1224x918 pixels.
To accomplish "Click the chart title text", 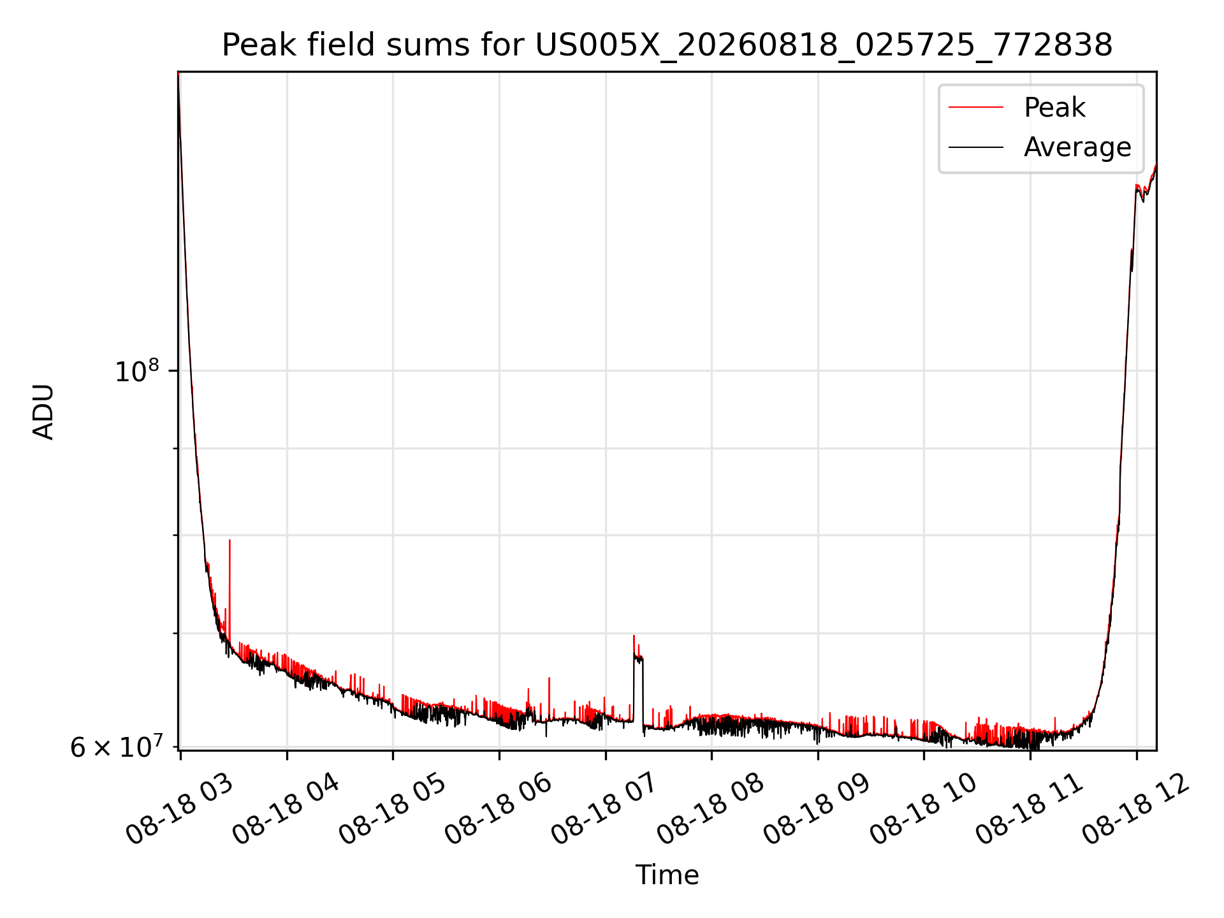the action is click(x=667, y=46).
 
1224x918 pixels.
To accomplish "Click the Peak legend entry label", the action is click(x=1054, y=108).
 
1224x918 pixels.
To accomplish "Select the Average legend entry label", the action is click(x=1077, y=147).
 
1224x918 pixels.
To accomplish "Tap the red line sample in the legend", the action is click(x=976, y=108).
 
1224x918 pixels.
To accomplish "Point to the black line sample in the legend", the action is click(x=976, y=147).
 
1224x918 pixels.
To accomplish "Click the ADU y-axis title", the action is click(x=43, y=411).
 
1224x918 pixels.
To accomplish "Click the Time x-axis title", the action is click(x=667, y=875).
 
